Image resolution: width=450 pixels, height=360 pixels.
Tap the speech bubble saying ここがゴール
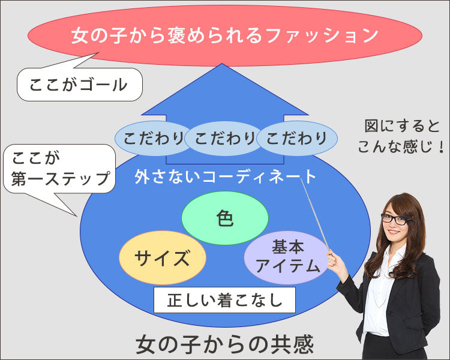(79, 85)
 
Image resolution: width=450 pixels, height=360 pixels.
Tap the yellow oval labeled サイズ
(162, 258)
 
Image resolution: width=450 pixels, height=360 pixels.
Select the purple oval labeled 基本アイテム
(287, 256)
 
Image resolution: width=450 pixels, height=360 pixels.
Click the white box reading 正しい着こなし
(224, 299)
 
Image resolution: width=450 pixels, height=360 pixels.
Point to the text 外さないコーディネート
(225, 176)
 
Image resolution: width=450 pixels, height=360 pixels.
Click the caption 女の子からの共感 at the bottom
(224, 344)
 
